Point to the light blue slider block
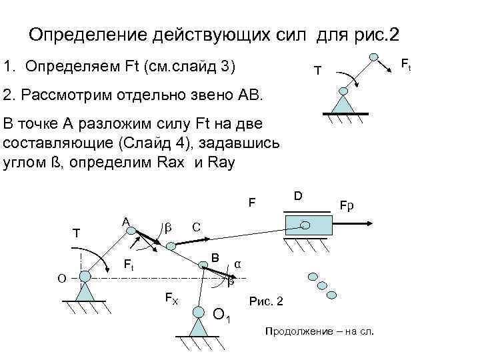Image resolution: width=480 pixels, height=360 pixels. [x=309, y=224]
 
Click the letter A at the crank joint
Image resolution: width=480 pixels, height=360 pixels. [x=125, y=221]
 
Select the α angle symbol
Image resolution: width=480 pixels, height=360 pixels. [x=237, y=265]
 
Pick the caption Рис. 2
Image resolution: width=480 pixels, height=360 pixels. [x=266, y=302]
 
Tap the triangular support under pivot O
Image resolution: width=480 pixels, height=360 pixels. [x=85, y=291]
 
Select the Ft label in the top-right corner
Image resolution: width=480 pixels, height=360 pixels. [x=404, y=65]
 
